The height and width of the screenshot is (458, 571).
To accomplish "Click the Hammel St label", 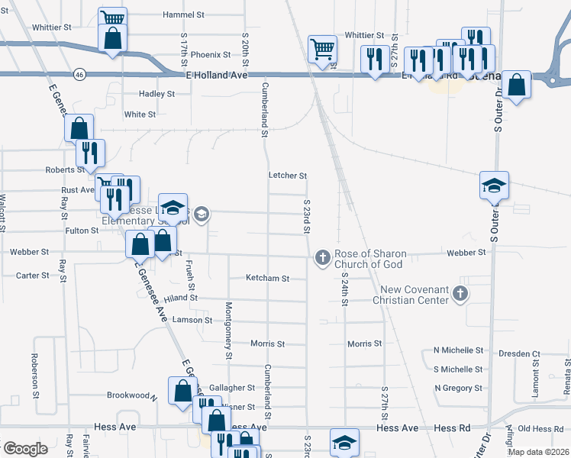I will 184,15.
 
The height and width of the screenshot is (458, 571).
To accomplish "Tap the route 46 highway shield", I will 80,75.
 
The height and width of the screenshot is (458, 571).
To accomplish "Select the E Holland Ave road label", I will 216,77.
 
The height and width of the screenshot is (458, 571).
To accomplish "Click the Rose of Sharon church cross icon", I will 322,258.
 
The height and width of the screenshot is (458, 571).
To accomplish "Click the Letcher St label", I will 288,176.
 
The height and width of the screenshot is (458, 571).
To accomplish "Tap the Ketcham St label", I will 268,279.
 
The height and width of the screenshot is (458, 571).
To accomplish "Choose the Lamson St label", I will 192,320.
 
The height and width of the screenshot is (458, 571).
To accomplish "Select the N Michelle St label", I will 458,350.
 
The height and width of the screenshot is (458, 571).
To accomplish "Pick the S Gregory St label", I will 458,388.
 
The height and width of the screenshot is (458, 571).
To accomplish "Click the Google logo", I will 25,449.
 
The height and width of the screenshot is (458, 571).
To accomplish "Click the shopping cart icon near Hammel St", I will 113,19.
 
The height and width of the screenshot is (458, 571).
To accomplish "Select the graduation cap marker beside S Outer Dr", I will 494,185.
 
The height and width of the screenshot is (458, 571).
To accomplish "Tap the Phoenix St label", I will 211,55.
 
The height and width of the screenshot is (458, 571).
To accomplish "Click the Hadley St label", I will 156,94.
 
